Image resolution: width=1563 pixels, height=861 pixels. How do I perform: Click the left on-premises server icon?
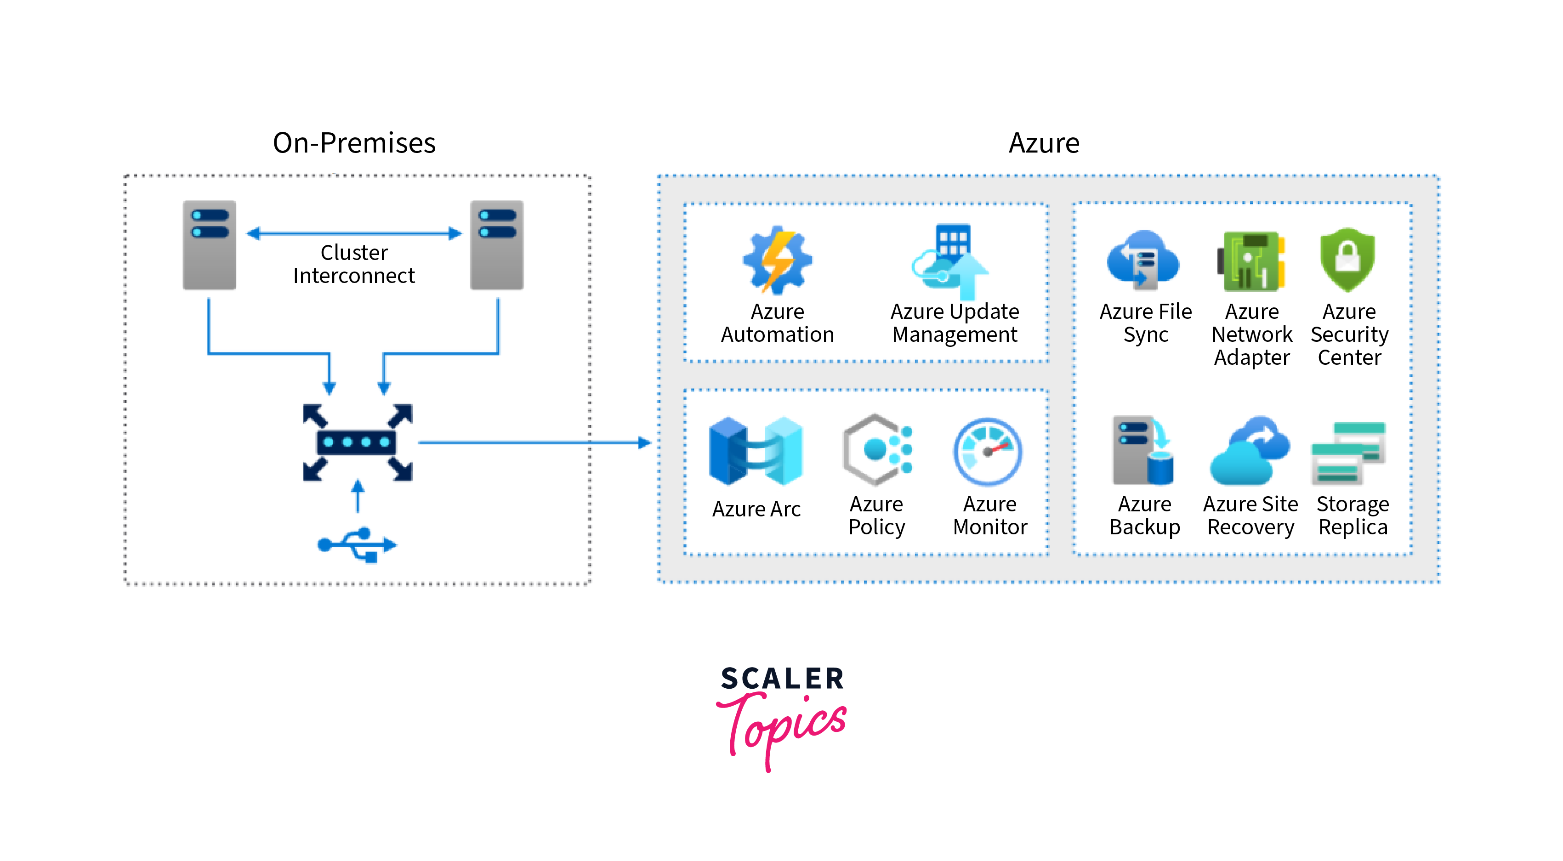tap(209, 245)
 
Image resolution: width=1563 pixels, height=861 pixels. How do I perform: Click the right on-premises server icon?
tap(496, 245)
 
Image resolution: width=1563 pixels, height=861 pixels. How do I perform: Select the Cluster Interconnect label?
tap(354, 264)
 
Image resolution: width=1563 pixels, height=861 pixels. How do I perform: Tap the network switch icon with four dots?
tap(358, 442)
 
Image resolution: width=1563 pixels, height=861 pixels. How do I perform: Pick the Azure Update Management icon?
tap(951, 261)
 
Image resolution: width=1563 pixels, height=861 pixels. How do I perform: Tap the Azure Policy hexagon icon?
tap(877, 450)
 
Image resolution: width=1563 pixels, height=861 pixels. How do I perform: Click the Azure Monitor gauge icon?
tap(988, 452)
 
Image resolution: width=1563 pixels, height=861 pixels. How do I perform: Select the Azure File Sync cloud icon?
tap(1142, 260)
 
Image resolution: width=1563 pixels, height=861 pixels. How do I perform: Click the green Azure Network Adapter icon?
tap(1251, 261)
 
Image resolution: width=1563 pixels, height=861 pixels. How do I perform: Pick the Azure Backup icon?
tap(1142, 450)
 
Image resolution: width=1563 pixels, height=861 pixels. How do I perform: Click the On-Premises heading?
tap(354, 143)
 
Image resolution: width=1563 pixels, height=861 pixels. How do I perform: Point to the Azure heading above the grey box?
tap(1044, 143)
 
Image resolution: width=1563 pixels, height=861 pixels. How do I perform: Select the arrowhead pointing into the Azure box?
tap(644, 442)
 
